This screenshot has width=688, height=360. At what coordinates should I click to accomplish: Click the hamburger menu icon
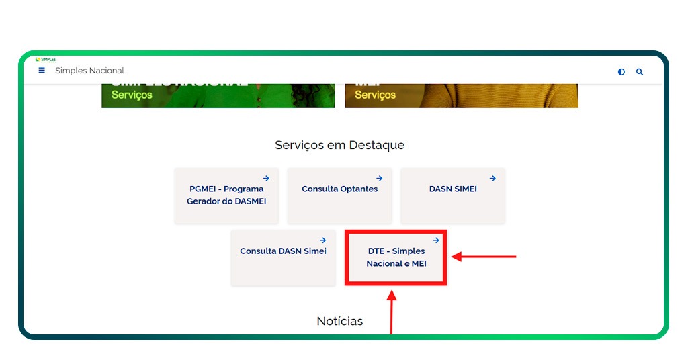point(42,71)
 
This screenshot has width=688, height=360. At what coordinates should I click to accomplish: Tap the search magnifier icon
point(640,72)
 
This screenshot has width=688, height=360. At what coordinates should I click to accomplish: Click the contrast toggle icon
point(621,72)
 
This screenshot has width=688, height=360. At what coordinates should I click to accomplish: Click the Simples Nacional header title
point(89,71)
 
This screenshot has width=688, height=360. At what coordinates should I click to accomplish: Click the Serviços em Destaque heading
point(339,145)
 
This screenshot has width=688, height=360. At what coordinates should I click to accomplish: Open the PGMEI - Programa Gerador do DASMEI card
point(226,195)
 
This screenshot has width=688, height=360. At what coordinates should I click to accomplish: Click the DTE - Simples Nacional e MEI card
point(396,257)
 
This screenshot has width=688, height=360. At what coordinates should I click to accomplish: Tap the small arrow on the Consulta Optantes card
point(380,179)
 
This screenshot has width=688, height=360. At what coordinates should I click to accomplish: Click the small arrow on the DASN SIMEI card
point(492,179)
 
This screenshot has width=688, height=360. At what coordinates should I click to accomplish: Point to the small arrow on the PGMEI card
point(266,179)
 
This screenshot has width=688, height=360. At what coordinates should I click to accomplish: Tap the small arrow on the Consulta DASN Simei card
point(323,240)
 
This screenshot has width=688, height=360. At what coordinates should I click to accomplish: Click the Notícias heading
point(339,321)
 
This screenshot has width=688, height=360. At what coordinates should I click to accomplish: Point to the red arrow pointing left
point(484,256)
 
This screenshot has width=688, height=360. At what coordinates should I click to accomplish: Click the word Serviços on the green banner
point(132,95)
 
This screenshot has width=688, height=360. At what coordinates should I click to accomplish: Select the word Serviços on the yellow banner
point(375,95)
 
